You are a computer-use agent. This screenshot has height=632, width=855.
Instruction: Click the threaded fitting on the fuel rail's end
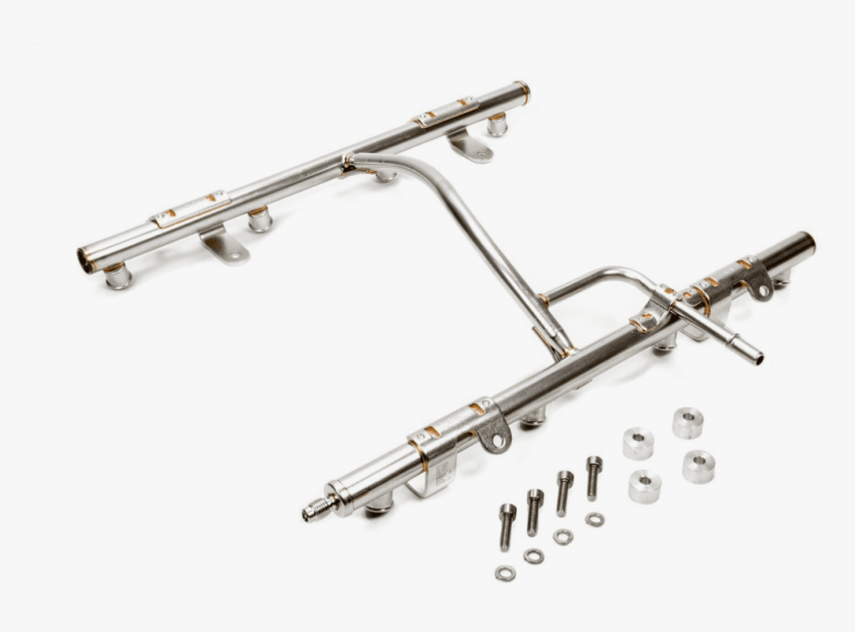click(x=318, y=510)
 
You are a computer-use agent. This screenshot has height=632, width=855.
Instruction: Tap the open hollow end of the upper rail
click(x=85, y=261)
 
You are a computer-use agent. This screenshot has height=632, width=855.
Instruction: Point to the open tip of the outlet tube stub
click(x=758, y=357)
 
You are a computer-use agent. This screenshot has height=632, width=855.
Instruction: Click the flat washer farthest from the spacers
click(x=505, y=573)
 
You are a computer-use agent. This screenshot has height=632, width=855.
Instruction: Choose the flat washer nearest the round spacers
click(x=595, y=519)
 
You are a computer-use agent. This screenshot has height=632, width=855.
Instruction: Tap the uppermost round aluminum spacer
click(x=687, y=421)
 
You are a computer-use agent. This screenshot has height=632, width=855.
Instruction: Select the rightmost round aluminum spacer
click(x=698, y=465)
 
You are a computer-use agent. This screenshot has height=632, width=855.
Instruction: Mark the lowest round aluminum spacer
click(x=644, y=486)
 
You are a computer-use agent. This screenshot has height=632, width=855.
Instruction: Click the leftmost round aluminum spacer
click(x=637, y=442)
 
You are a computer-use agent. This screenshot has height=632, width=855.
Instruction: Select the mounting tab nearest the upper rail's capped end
click(x=470, y=147)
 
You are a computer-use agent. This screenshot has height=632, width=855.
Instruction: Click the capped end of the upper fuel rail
click(x=522, y=91)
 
